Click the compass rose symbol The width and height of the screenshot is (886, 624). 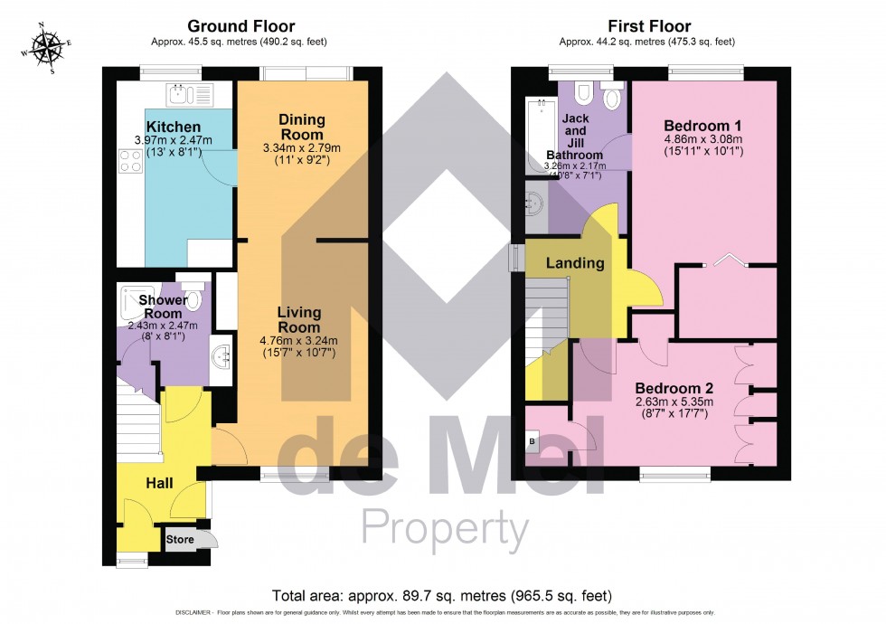coord(43,48)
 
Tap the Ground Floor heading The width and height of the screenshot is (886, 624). coord(240,26)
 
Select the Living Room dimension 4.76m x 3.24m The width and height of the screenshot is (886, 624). coord(299,341)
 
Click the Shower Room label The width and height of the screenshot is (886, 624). coord(163,307)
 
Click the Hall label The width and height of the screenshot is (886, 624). coord(160,485)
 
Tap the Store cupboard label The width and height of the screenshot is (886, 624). coord(179,540)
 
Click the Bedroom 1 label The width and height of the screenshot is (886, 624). coord(702,125)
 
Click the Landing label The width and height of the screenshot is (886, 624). coord(575,263)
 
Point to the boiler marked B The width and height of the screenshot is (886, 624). coord(531,440)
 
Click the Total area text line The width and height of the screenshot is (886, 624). coord(442,595)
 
